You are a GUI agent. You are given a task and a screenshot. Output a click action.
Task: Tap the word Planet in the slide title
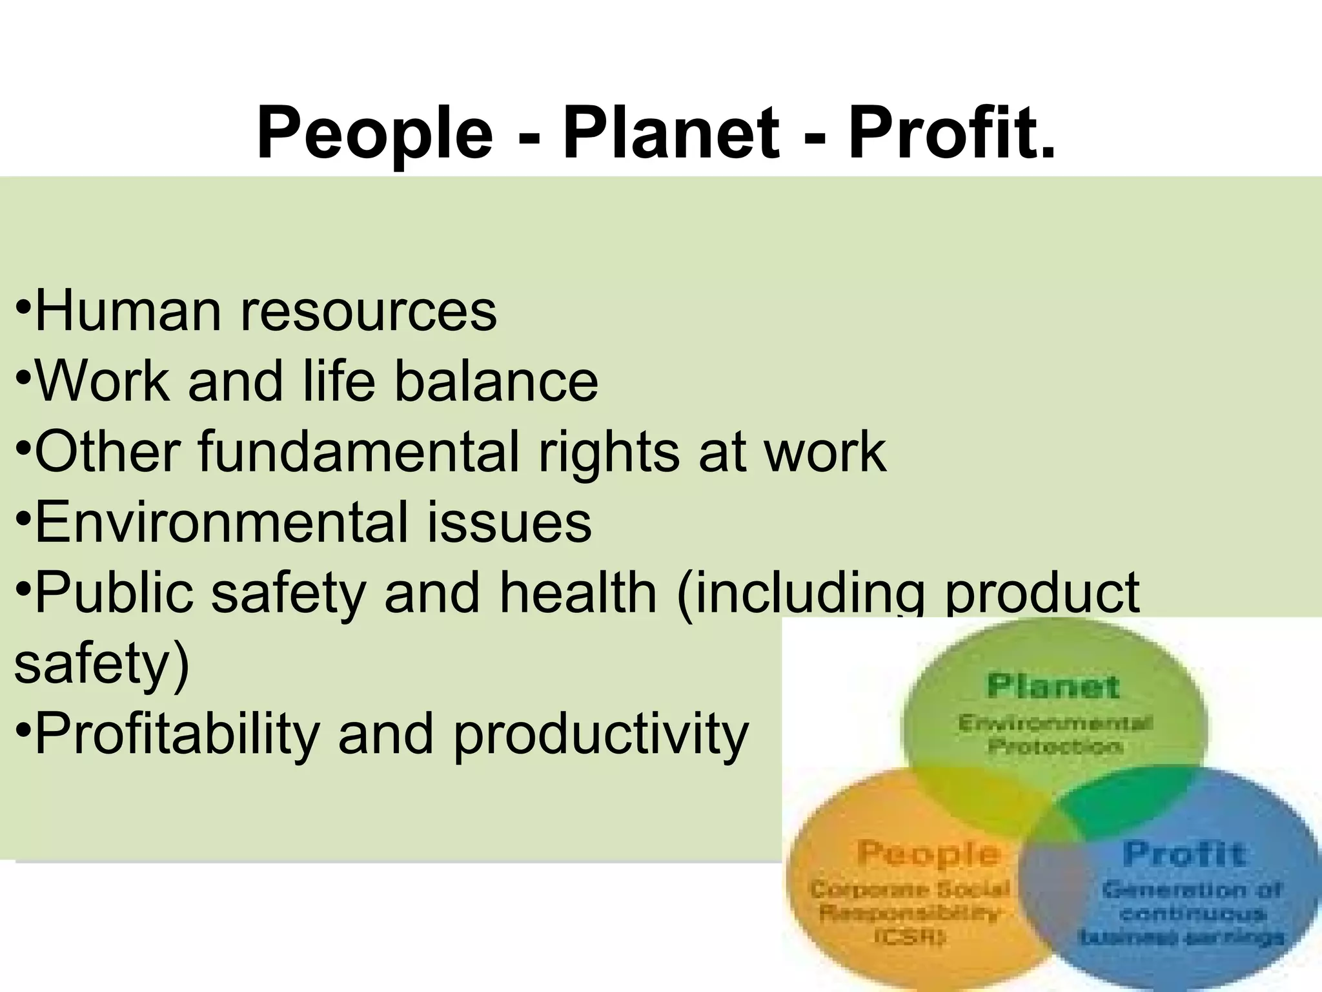tap(671, 134)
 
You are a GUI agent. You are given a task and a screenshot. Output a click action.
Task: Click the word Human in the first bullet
tap(128, 311)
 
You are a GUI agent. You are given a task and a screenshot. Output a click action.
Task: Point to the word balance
tap(496, 381)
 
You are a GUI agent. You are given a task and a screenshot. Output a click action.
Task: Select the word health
tap(578, 593)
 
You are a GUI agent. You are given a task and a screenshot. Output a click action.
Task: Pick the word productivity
tap(600, 734)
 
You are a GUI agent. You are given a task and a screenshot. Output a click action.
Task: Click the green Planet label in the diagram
tap(1053, 686)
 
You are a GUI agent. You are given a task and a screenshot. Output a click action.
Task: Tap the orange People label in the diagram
tap(929, 854)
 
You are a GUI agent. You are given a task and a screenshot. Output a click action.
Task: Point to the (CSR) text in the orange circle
tap(910, 936)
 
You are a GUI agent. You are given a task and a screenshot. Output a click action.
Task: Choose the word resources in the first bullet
tap(369, 311)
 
